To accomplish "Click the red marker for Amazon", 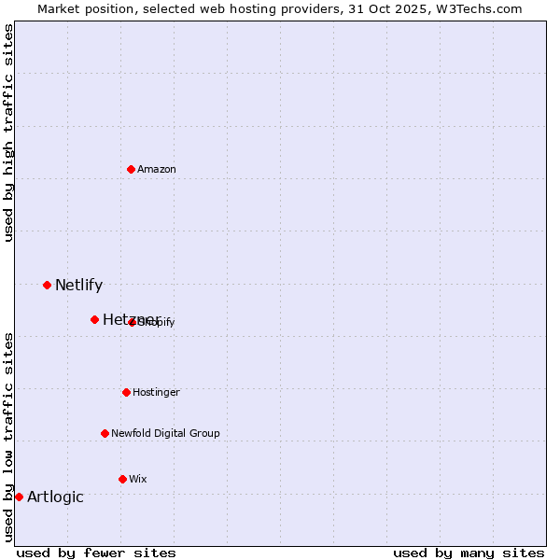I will click(132, 169).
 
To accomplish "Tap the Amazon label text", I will click(157, 169).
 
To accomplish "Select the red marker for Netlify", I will click(47, 285).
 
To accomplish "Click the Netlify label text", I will click(78, 286).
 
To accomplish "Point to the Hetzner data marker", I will click(94, 319).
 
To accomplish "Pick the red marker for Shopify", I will click(133, 322).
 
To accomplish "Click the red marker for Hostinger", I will click(126, 392).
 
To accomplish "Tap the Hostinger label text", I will click(156, 392).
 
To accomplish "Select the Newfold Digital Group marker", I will click(105, 433).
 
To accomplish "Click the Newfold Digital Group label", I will click(165, 433).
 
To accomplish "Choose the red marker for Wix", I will click(122, 479).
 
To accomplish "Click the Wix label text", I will click(138, 479).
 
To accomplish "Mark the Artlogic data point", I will click(19, 497).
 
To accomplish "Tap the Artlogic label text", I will click(55, 497).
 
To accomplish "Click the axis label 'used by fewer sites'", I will click(96, 553).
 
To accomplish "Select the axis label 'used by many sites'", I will click(469, 553).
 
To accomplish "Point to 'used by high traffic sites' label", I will click(8, 133).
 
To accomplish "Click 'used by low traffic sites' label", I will click(8, 437).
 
